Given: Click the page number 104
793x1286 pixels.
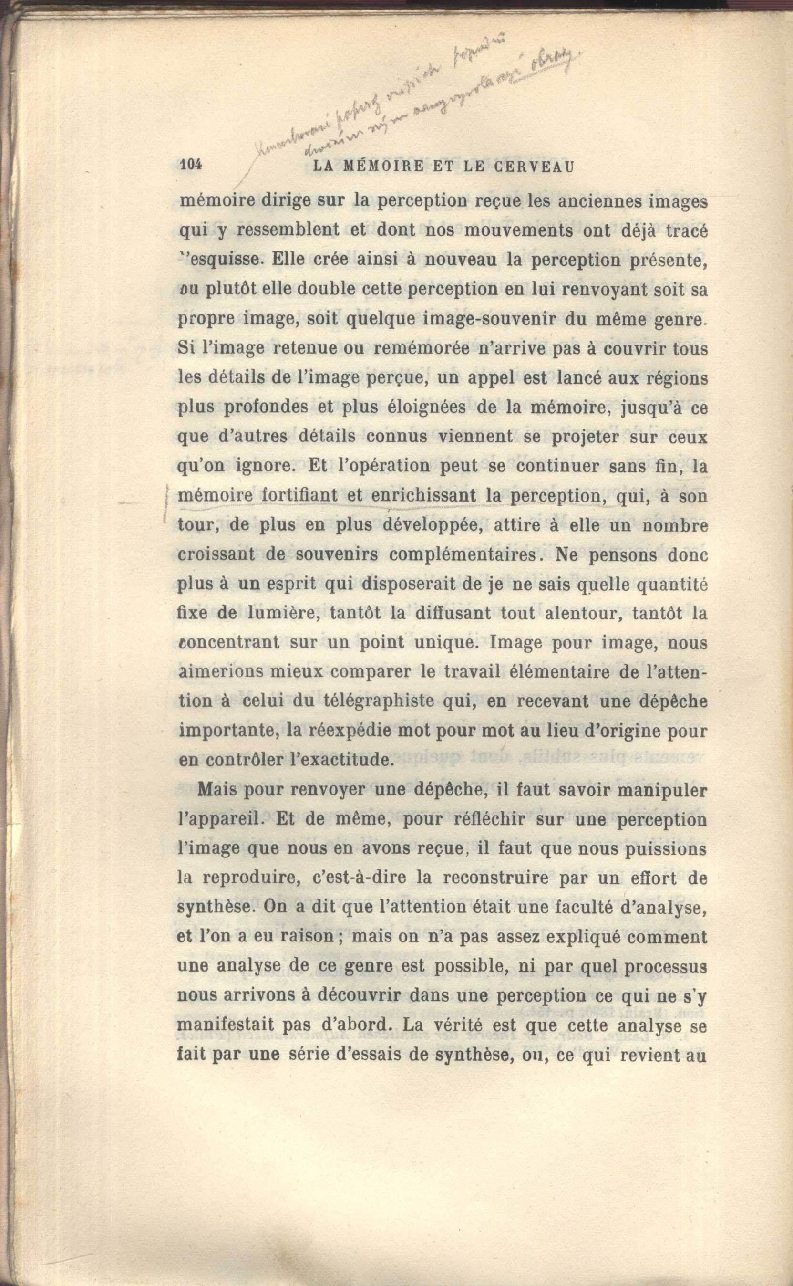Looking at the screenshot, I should click(190, 165).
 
